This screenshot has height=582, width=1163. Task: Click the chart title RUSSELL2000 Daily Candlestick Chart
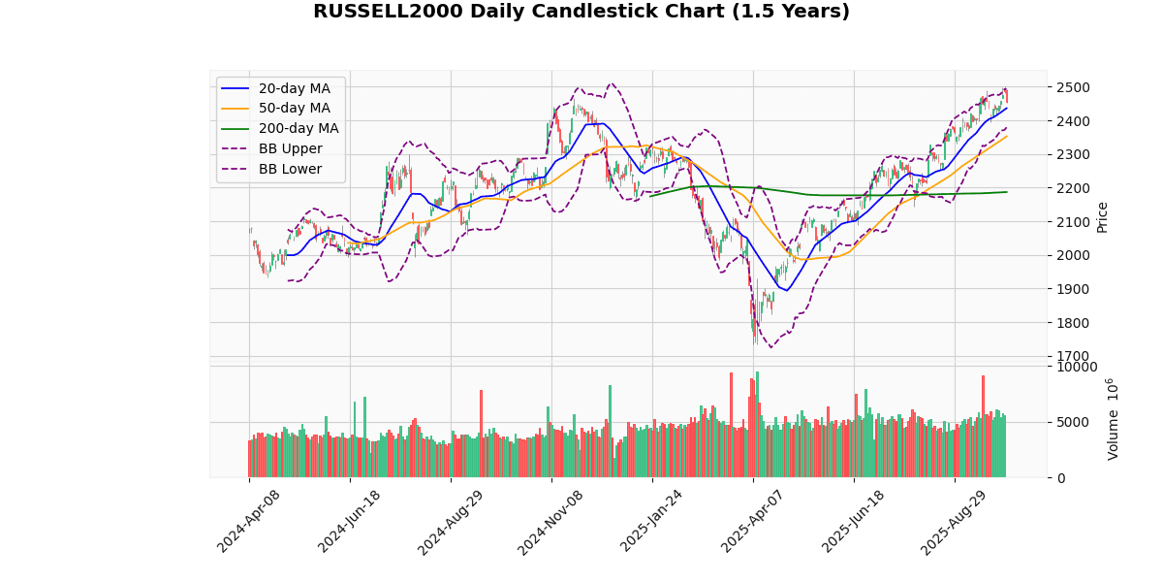(581, 12)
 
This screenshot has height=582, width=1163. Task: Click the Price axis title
(1102, 216)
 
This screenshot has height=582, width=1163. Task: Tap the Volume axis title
(1112, 419)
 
